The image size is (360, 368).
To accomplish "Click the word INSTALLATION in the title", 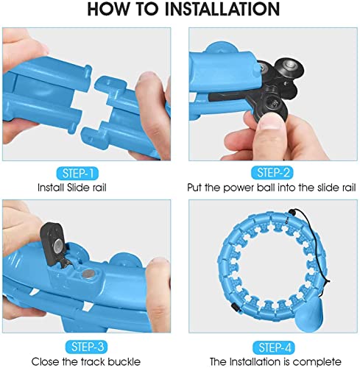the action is pyautogui.click(x=222, y=9).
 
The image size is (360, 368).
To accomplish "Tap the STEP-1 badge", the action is pyautogui.click(x=77, y=174).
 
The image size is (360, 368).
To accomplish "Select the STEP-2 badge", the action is pyautogui.click(x=272, y=173).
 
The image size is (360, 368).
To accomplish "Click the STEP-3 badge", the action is pyautogui.click(x=86, y=347).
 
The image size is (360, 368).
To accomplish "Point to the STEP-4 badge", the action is pyautogui.click(x=274, y=347).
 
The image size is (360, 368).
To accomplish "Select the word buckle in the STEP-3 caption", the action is pyautogui.click(x=124, y=361).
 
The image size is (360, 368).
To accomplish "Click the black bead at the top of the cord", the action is pyautogui.click(x=292, y=212).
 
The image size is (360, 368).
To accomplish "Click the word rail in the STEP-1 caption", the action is pyautogui.click(x=99, y=188).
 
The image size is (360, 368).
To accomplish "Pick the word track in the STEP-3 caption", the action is pyautogui.click(x=93, y=361).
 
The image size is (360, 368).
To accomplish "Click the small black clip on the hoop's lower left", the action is pyautogui.click(x=235, y=308).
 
